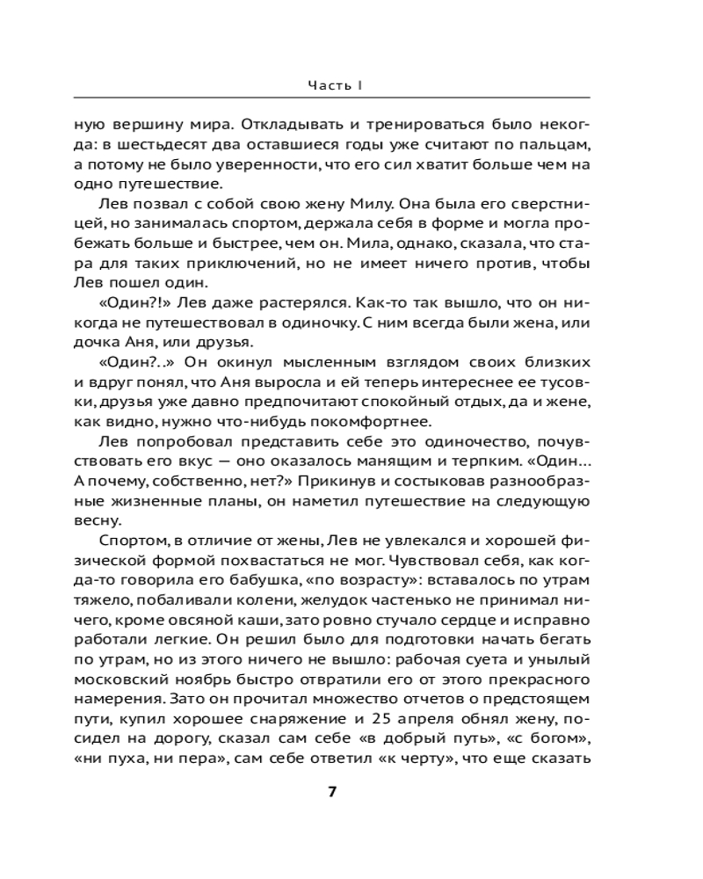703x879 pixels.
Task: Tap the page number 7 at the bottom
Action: point(332,791)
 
